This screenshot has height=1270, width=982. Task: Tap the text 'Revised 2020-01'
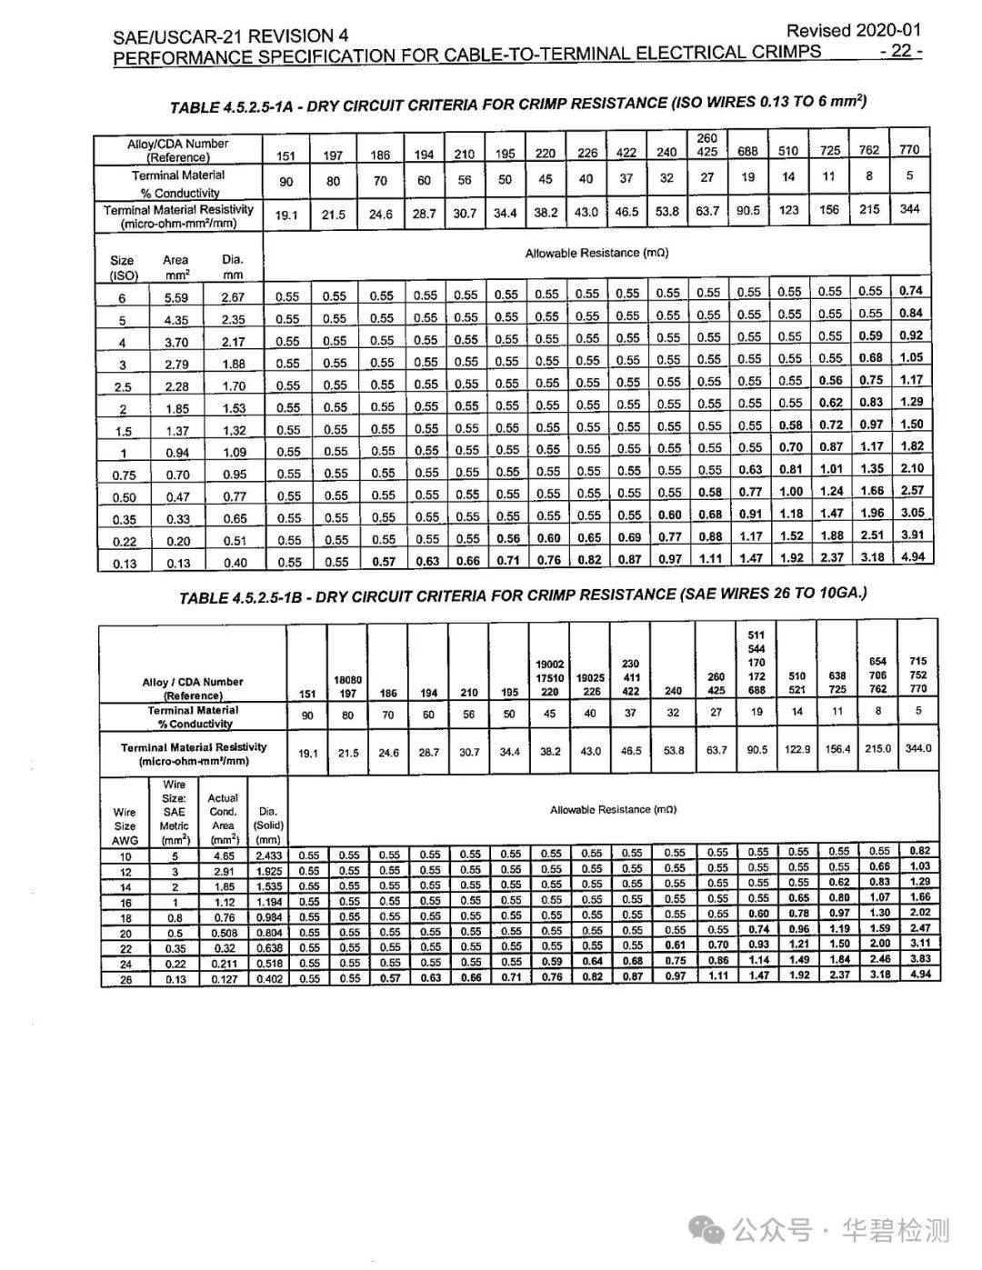[x=854, y=30]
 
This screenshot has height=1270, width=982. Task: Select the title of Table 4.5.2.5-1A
[x=517, y=104]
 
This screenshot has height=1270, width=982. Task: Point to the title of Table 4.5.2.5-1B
[x=523, y=595]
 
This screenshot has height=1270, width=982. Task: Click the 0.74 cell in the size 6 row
[x=910, y=291]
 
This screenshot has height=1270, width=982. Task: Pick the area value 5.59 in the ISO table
[x=176, y=297]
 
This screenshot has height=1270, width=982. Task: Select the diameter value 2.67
[x=233, y=297]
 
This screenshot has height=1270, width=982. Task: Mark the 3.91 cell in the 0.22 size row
[x=911, y=535]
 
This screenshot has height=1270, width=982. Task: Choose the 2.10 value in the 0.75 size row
[x=911, y=468]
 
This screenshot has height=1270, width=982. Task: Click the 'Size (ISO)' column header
[x=122, y=267]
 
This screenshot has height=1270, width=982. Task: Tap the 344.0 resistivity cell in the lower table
[x=918, y=749]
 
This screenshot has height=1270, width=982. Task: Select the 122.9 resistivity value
[x=797, y=750]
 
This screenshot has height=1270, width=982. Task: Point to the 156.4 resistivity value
[x=837, y=750]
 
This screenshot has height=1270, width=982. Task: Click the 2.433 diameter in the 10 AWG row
[x=268, y=855]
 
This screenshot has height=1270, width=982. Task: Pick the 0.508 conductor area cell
[x=224, y=933]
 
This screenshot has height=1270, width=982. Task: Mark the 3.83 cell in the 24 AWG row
[x=919, y=959]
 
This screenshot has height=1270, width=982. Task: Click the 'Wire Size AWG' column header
[x=125, y=826]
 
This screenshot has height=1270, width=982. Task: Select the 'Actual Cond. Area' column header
[x=223, y=818]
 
